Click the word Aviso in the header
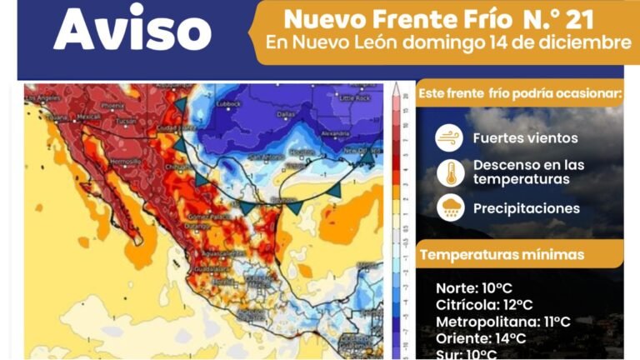click(132, 32)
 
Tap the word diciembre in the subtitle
click(582, 42)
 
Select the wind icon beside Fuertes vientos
click(450, 138)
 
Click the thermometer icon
click(450, 172)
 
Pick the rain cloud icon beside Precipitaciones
click(450, 207)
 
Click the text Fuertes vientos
click(525, 138)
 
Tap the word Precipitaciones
click(526, 207)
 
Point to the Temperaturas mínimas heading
click(502, 254)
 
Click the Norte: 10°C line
click(474, 289)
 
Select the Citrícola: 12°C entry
click(484, 305)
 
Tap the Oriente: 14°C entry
click(481, 338)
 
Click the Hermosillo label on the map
click(126, 160)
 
